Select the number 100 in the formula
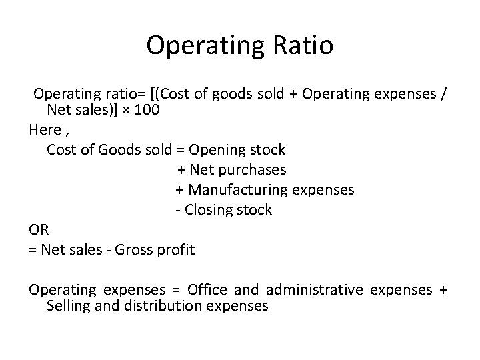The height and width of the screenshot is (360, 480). tap(147, 110)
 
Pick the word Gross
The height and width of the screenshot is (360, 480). tap(135, 250)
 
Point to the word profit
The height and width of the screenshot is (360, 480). tap(176, 250)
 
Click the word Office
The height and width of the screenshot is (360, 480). tap(208, 290)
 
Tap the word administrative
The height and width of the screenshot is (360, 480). tap(315, 290)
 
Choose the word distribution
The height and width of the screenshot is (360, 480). tap(165, 307)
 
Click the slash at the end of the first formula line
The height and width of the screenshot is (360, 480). tap(444, 94)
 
